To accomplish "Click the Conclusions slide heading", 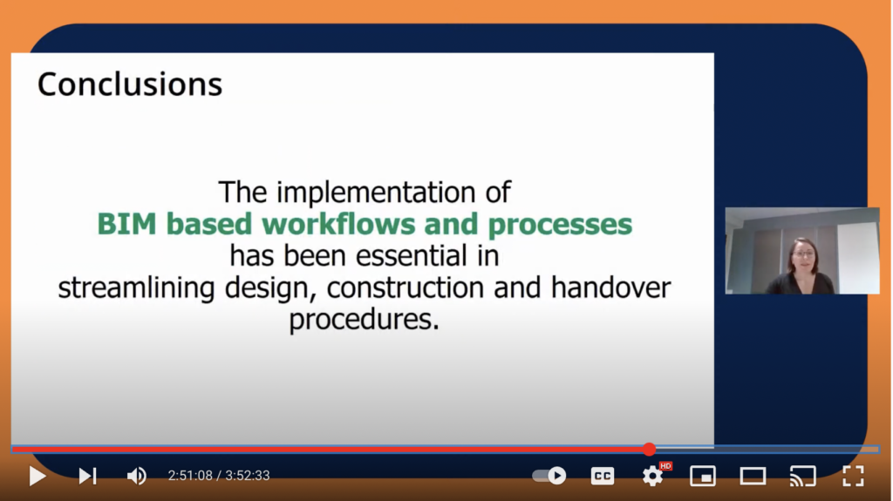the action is (x=130, y=85).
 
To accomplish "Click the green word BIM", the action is (x=126, y=224).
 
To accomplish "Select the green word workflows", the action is (x=338, y=224).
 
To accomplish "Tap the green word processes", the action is (x=560, y=224).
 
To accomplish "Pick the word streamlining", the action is (x=136, y=288).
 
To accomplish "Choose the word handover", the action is (x=610, y=287).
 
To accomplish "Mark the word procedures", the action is (x=364, y=320).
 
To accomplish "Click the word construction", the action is (x=405, y=288).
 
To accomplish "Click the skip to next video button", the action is (x=88, y=476).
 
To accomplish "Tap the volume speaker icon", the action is (x=137, y=476).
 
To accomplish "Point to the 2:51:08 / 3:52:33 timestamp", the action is (x=219, y=476).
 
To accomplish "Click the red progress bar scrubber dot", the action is (x=649, y=450).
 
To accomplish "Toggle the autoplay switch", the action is (x=549, y=476).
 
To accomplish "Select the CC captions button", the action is (x=603, y=476).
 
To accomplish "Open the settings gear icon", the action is (x=652, y=476).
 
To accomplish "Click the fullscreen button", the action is (x=853, y=476).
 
